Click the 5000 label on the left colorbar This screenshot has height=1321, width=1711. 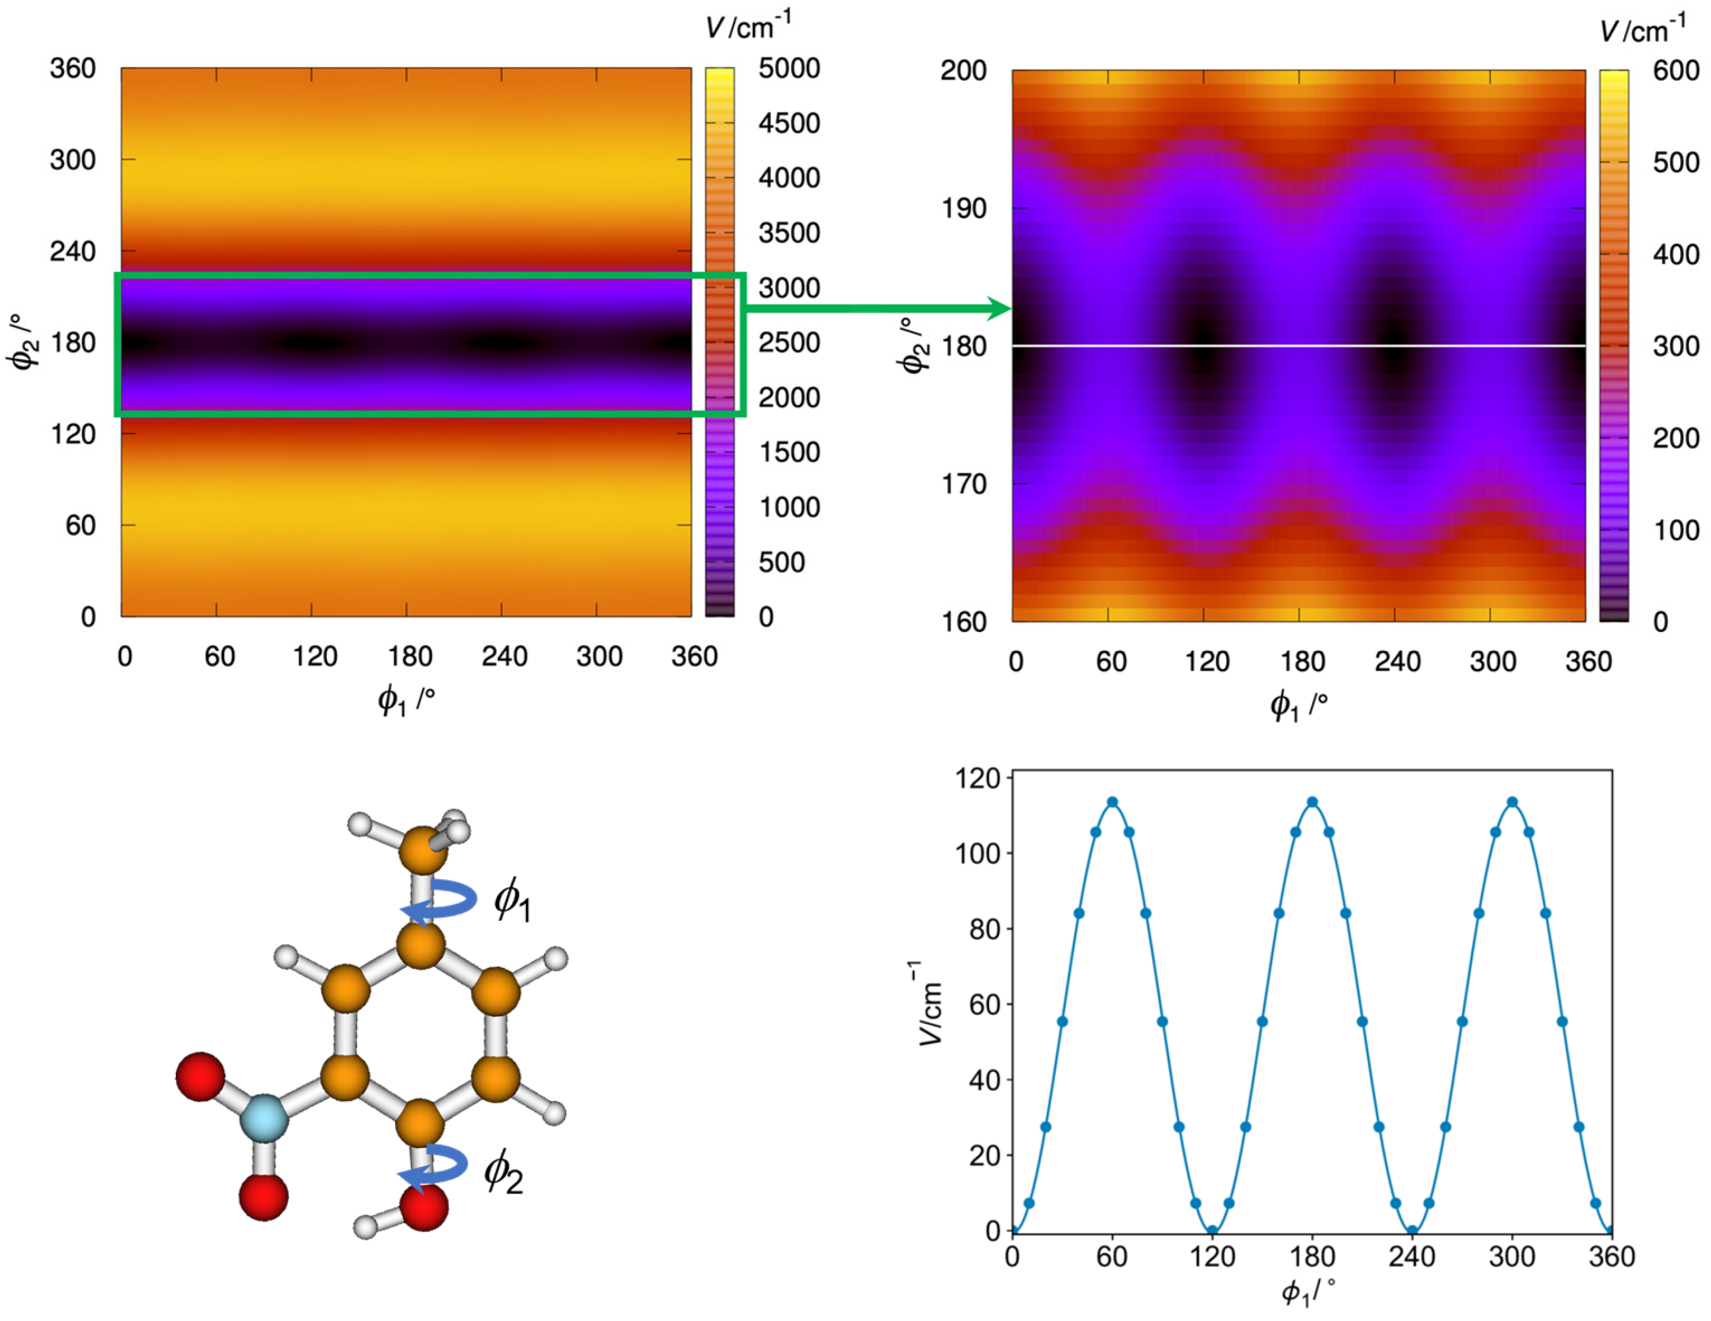tap(789, 69)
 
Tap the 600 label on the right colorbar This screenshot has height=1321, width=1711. tap(1676, 71)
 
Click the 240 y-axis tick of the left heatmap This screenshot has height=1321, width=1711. tap(73, 251)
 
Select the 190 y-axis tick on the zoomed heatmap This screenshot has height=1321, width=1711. tap(963, 209)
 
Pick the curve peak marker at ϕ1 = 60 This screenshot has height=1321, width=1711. tap(1112, 803)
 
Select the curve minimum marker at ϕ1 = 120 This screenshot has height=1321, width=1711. tap(1212, 1231)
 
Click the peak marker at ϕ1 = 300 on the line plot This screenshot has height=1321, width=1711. tap(1512, 803)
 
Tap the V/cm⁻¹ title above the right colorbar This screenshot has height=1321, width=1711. tap(1642, 30)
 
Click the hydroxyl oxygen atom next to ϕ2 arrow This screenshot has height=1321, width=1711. tap(424, 1207)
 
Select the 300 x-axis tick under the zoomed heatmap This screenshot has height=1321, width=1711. tap(1492, 662)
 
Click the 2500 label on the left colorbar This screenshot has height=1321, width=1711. tap(789, 343)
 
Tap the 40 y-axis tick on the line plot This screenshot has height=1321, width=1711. tap(985, 1080)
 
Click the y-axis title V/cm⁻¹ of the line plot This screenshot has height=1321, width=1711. tap(929, 1003)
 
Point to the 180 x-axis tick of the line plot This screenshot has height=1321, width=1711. tap(1312, 1257)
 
